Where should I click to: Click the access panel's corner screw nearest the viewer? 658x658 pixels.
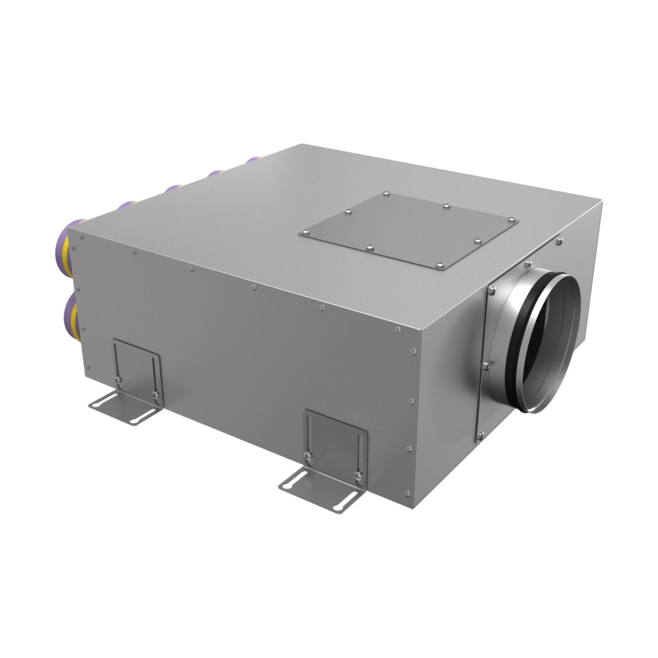point(440,266)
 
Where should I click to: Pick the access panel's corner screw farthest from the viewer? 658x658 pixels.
point(386,194)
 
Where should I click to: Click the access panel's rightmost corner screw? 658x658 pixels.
point(513,220)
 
